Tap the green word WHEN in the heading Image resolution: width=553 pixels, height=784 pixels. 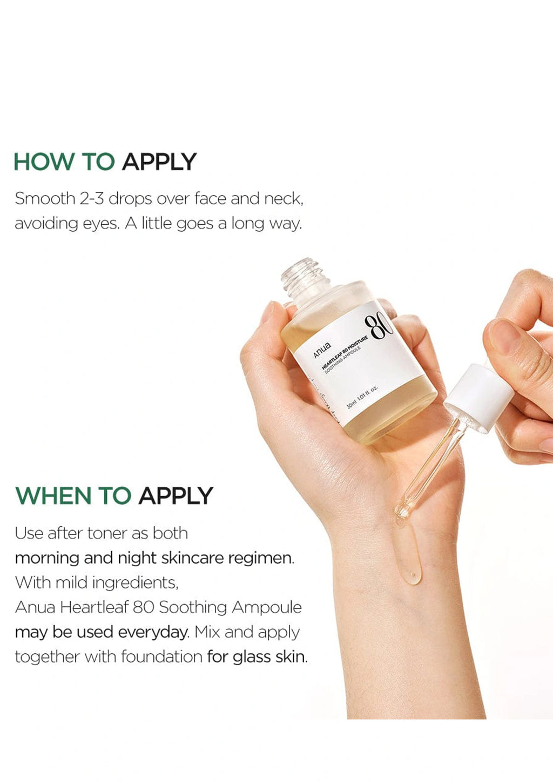53,496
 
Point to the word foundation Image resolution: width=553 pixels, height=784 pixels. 162,657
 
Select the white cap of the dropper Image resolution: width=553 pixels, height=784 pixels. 478,398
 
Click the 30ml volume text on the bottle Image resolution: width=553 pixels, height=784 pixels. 351,404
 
